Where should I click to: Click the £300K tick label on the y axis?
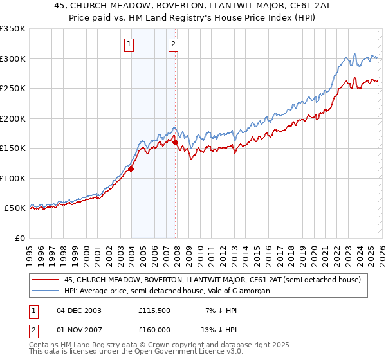[x=13, y=59]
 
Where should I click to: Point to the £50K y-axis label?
[x=15, y=208]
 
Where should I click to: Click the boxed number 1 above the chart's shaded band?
[x=130, y=44]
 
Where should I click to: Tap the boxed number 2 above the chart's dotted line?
[x=174, y=44]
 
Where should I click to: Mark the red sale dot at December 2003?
[x=131, y=169]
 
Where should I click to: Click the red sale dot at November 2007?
[x=175, y=143]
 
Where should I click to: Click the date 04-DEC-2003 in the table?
[x=79, y=310]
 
